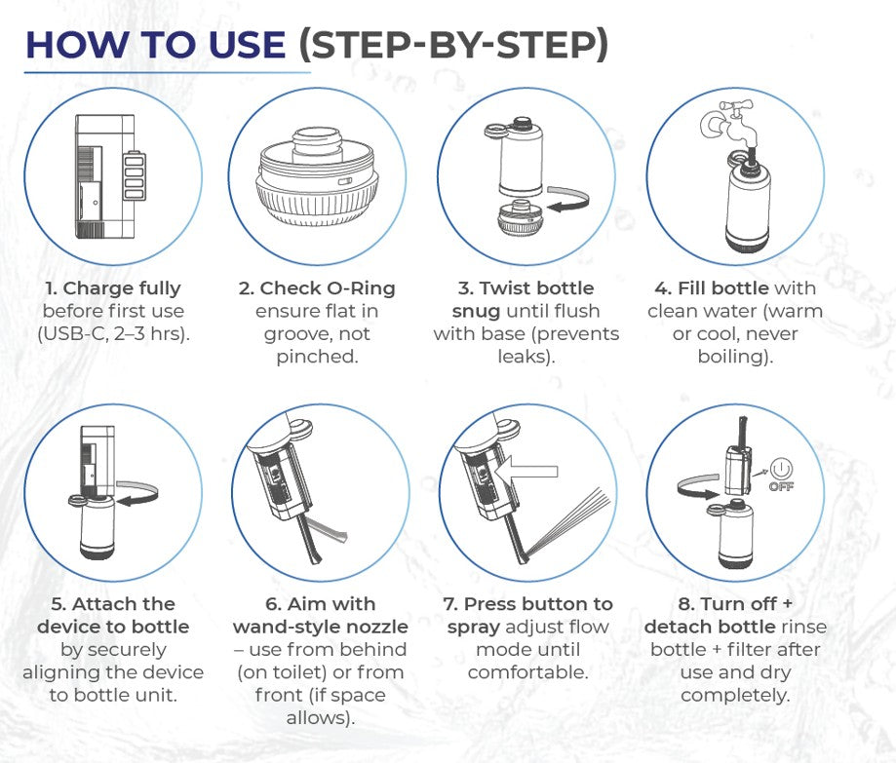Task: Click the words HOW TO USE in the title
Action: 155,45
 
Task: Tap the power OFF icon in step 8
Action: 781,472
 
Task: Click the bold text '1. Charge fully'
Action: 112,288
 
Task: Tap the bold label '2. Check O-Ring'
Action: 317,288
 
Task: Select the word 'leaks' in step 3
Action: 524,357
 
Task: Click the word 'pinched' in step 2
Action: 314,357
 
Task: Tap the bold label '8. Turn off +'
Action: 734,603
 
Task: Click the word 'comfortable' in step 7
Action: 527,672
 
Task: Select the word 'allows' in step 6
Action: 321,718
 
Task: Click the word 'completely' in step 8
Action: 734,695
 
